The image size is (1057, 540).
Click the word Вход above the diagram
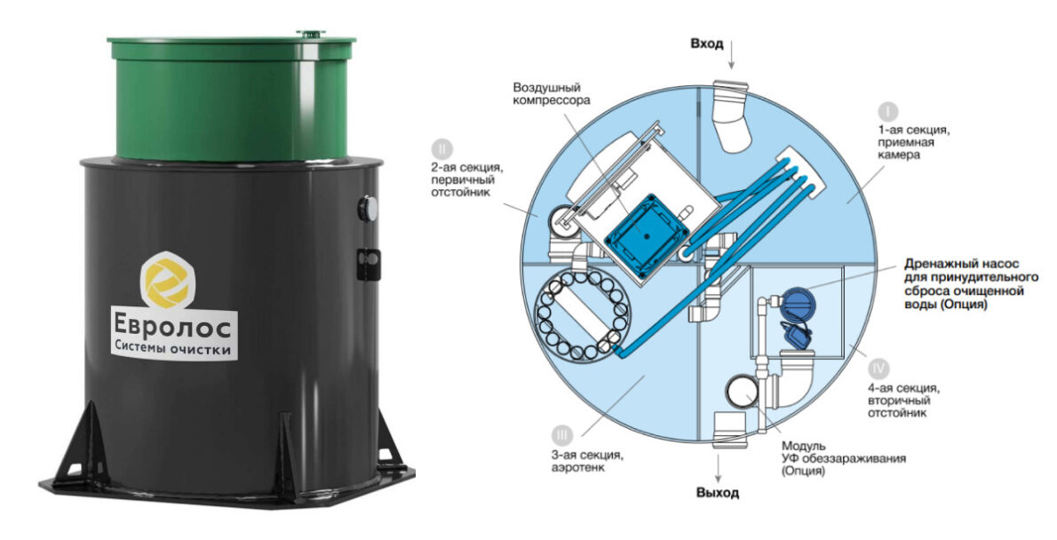pos(706,44)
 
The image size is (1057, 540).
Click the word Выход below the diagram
pos(718,493)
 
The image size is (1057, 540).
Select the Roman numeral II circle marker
pos(441,149)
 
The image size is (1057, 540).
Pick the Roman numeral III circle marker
pos(561,434)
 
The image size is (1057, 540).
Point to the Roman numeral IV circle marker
pos(878,369)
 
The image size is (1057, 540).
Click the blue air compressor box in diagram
pos(647,236)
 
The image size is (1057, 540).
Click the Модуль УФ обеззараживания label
pos(843,458)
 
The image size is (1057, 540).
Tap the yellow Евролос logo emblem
pos(167,281)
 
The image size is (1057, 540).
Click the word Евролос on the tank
pos(172,327)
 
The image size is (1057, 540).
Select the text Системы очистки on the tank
pos(172,349)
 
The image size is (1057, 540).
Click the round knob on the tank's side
pos(367,209)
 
